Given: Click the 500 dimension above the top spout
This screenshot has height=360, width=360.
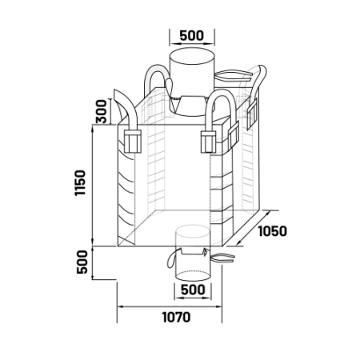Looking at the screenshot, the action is [x=192, y=35].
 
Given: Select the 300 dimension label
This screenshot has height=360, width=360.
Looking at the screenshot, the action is [x=102, y=111].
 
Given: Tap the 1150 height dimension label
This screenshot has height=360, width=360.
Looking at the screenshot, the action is [x=80, y=183].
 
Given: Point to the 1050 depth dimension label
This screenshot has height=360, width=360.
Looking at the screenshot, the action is [x=273, y=231].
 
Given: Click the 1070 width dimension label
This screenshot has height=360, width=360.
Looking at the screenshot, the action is [x=176, y=317].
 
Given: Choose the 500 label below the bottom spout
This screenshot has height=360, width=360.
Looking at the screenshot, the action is [x=193, y=290].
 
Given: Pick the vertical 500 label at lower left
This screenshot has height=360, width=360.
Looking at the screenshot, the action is [x=82, y=262].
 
